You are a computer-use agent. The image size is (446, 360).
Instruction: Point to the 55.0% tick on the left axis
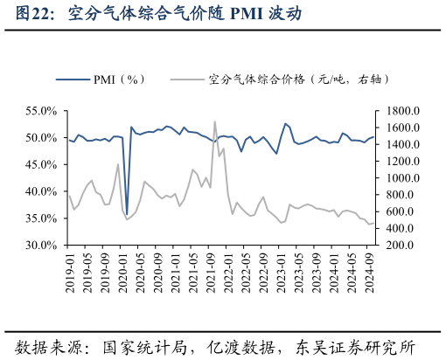click(x=41, y=111)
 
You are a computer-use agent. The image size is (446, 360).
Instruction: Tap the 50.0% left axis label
click(x=41, y=138)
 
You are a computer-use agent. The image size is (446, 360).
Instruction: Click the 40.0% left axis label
click(x=41, y=191)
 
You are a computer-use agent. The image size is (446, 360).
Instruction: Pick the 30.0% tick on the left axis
click(x=41, y=245)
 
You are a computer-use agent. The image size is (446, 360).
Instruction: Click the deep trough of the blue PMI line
click(x=127, y=213)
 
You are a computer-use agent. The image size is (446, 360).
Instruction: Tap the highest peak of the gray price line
click(x=215, y=121)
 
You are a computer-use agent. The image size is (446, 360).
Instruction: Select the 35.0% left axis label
click(x=41, y=218)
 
